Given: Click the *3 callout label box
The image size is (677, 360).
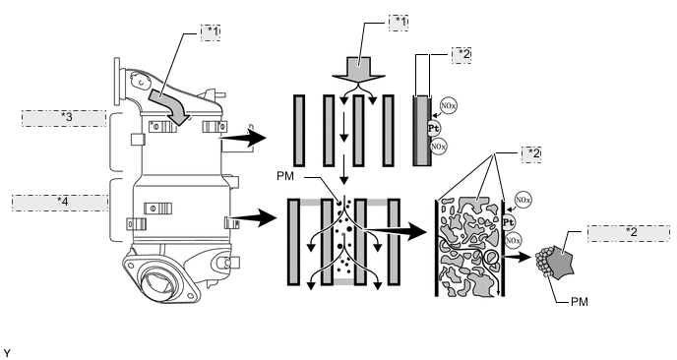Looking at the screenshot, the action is coord(64,118).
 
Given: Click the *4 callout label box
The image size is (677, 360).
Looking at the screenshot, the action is coord(60,203).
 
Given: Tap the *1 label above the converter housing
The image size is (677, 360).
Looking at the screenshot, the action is coord(211,32).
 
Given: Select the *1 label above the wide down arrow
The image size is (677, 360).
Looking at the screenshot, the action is coord(399,23).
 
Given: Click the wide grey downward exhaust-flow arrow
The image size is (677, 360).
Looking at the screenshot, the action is coord(358,71).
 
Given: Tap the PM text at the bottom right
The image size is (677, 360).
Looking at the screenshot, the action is coord(579,302).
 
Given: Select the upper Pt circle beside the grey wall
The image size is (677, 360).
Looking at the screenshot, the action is coord(434,128).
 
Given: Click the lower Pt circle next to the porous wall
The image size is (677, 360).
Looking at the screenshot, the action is coord(509,222).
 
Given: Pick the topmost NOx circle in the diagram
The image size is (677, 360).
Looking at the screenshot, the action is coord(448,106).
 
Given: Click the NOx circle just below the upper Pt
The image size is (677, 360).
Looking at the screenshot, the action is coord(438,147).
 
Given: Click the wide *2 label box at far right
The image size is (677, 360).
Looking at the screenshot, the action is coord(629,233).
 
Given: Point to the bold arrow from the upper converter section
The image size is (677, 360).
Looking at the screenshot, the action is coord(244,139).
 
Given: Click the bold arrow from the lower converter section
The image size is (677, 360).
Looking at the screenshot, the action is coord(254,217).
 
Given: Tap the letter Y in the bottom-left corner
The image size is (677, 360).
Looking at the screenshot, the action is coord(6,353).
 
